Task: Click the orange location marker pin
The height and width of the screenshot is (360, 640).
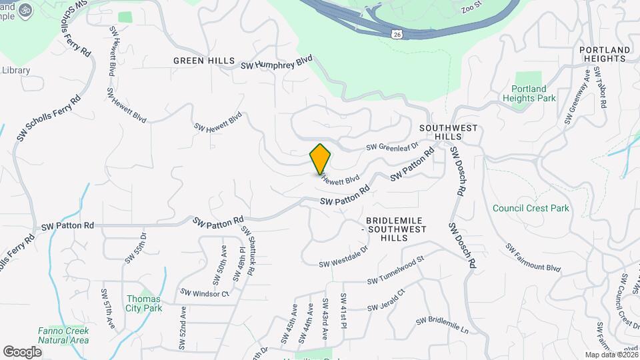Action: [x=320, y=159]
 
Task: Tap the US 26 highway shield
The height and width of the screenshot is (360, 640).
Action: [x=397, y=33]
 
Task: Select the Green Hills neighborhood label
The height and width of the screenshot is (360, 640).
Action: [x=204, y=61]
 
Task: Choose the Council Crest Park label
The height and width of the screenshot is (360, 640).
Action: [x=531, y=208]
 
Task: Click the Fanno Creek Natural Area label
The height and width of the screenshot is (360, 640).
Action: [x=63, y=335]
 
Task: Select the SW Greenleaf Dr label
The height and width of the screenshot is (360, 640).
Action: [x=392, y=146]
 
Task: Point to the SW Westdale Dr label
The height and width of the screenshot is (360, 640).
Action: [x=343, y=257]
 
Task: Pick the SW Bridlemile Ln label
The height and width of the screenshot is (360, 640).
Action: [x=443, y=325]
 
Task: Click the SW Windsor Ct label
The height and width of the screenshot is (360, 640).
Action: [x=205, y=293]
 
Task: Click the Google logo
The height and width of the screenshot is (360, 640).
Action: [x=22, y=351]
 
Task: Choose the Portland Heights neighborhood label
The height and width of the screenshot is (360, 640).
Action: [x=605, y=55]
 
